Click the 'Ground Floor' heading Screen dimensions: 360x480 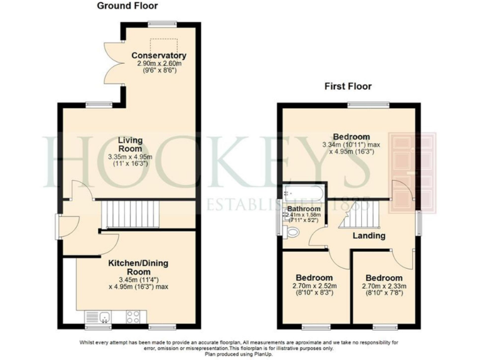point(127,6)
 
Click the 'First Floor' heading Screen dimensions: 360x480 point(347,86)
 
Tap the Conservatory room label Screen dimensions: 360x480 point(159,56)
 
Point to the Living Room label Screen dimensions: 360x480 point(131,144)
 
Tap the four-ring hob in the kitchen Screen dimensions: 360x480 point(133,317)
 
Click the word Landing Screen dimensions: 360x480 point(368,236)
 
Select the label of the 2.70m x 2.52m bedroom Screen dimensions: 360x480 point(314,277)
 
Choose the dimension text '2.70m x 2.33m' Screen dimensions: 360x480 point(384,287)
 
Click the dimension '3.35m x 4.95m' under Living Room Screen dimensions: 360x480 point(131,156)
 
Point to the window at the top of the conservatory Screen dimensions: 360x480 point(161,24)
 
